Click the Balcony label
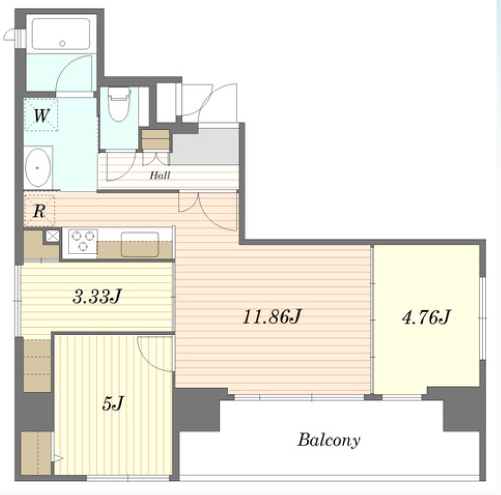pos(329,440)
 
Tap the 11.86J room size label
pos(272,317)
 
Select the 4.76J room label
pos(426,318)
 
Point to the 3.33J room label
pos(97,296)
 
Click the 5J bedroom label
pos(113,404)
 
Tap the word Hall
pos(160,175)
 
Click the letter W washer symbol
pos(41,115)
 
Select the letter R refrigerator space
pos(39,211)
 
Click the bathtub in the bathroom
pos(61,34)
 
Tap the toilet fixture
pos(119,104)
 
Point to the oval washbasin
pos(38,168)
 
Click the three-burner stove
pos(83,241)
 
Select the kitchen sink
pos(139,245)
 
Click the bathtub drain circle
pos(62,43)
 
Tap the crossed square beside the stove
pos(52,236)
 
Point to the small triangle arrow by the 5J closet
pos(58,459)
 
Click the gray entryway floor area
pos(205,147)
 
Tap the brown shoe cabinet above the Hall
pos(155,139)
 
